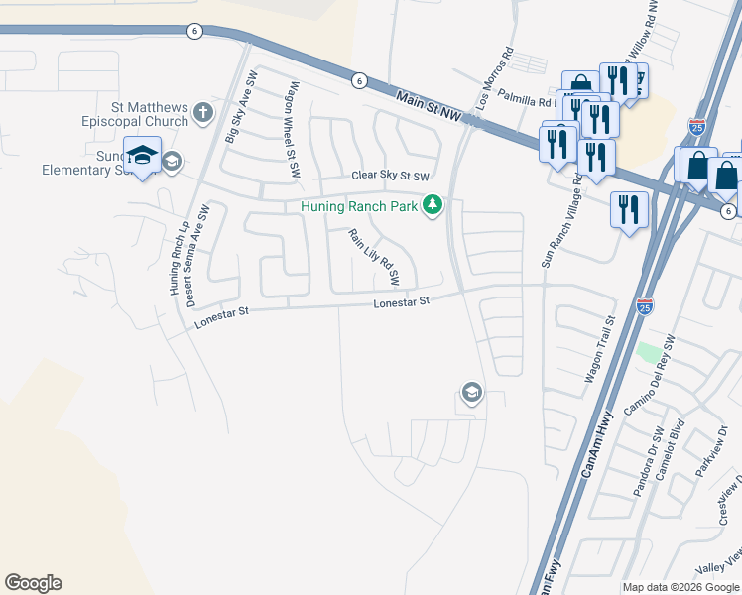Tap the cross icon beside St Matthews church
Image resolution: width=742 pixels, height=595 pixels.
coord(204,112)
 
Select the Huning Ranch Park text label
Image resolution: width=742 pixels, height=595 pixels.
coord(359,206)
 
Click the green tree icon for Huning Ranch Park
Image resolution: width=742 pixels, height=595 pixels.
coord(432,206)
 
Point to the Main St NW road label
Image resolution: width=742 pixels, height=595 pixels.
coord(429,108)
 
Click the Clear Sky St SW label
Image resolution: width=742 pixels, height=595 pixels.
coord(391,176)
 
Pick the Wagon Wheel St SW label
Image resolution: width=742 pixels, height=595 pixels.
coord(295,130)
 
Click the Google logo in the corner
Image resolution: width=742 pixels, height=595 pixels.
coord(33,583)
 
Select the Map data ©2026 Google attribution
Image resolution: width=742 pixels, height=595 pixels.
coord(680,587)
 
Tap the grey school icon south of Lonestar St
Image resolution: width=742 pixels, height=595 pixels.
coord(471,394)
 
